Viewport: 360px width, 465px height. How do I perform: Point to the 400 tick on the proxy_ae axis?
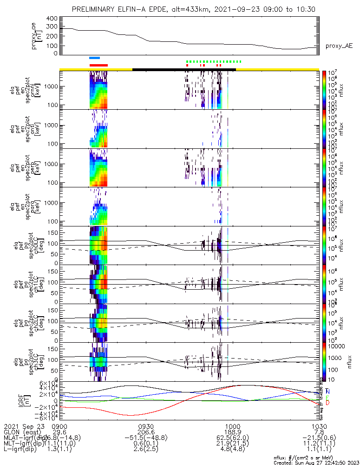point(52,19)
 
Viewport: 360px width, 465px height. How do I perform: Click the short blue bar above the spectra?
point(94,58)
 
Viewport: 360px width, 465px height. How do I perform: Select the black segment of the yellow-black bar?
point(184,69)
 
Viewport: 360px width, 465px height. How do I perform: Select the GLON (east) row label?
point(23,432)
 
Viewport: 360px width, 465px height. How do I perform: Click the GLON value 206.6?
point(146,432)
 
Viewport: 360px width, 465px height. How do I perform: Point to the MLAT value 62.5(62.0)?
point(232,438)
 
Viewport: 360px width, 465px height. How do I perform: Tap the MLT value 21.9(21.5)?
point(232,444)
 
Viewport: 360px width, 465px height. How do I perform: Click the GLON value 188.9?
point(232,432)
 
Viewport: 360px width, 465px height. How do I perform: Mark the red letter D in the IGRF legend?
point(327,403)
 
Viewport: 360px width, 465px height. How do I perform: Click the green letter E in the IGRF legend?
point(327,398)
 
